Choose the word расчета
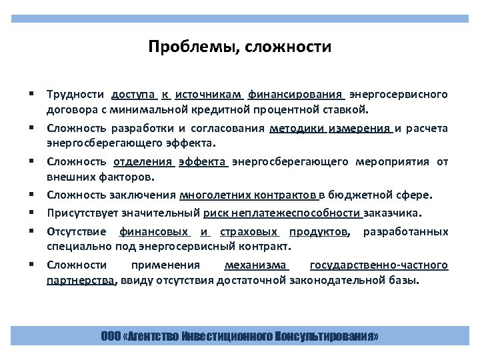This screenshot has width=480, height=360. [x=428, y=129]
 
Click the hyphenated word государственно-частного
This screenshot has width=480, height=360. [x=379, y=265]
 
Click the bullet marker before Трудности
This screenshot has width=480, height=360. [x=31, y=94]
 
